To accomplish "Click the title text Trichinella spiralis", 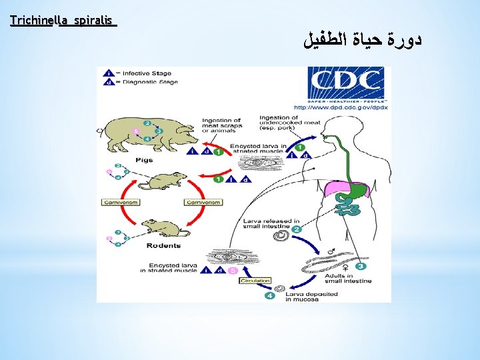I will tap(63, 21).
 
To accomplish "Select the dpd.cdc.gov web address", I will tap(341, 107).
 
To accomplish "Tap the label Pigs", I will tap(144, 160).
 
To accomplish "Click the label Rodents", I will tap(163, 245).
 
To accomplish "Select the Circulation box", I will tap(255, 281).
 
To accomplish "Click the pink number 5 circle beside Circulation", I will tap(232, 271).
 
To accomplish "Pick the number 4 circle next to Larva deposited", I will tap(269, 295).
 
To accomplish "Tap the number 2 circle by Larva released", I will tap(297, 229).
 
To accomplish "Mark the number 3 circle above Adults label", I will tap(360, 267).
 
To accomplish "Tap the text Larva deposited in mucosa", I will tap(311, 297).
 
